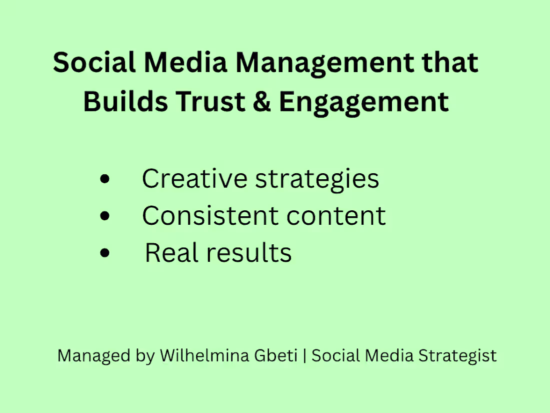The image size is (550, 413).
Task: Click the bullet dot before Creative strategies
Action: [x=104, y=179]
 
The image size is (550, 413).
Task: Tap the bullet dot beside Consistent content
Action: [x=104, y=216]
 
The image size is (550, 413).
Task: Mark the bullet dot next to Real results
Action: [x=104, y=253]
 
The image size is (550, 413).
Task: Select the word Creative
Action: [x=194, y=179]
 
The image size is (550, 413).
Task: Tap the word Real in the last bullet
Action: [x=172, y=253]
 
